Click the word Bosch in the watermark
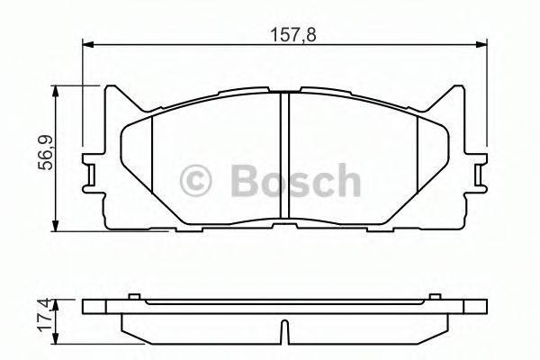point(295,180)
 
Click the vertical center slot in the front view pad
point(283,157)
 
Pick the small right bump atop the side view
point(436,295)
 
